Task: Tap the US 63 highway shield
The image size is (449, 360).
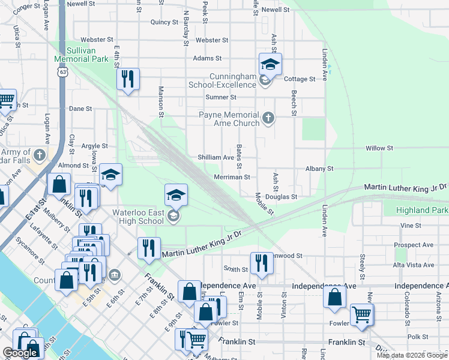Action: (62, 71)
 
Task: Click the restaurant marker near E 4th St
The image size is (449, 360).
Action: (128, 79)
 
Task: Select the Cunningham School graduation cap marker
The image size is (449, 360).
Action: (270, 64)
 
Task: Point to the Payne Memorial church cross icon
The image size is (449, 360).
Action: (268, 119)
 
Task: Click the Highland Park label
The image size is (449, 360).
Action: (422, 210)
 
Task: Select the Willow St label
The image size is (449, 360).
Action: (379, 148)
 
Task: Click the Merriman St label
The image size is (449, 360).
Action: (232, 177)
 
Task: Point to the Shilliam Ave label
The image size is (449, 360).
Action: (216, 157)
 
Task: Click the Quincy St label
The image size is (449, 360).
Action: (165, 22)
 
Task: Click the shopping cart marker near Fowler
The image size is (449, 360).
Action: (361, 314)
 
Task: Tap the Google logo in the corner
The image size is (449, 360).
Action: (20, 353)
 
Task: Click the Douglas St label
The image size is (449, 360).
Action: (285, 197)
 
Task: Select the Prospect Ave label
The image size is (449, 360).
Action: (414, 245)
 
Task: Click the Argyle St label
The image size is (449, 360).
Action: (94, 146)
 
